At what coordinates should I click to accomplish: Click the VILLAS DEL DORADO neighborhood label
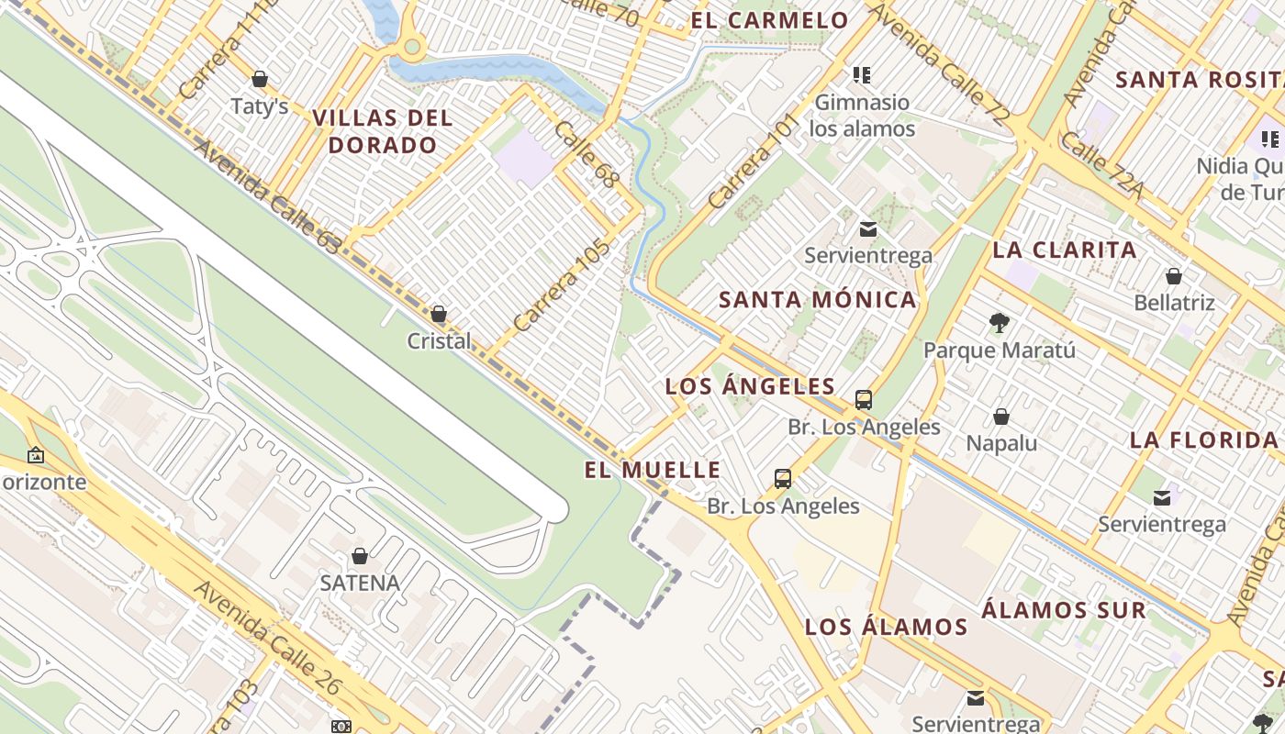point(383,131)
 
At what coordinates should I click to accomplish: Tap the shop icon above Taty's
point(260,79)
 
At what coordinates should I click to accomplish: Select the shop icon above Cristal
point(439,314)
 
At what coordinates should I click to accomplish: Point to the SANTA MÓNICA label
point(817,299)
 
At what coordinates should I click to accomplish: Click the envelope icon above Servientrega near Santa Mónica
point(867,228)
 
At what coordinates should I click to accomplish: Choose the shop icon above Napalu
point(1001,417)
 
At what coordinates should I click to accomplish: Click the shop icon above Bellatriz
point(1173,275)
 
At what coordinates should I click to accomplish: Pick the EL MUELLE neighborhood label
point(653,470)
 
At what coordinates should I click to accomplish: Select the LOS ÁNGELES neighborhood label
point(750,386)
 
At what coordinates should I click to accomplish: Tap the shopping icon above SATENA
point(360,556)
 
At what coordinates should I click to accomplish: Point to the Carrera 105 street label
point(562,285)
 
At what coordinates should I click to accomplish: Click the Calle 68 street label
point(585,154)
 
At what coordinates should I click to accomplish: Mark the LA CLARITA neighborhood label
point(1065,250)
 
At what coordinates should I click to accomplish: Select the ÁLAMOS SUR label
point(1064,610)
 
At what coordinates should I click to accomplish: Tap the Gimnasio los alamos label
point(862,115)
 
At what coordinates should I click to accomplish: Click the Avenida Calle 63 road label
point(267,195)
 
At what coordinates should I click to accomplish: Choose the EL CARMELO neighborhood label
point(769,20)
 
